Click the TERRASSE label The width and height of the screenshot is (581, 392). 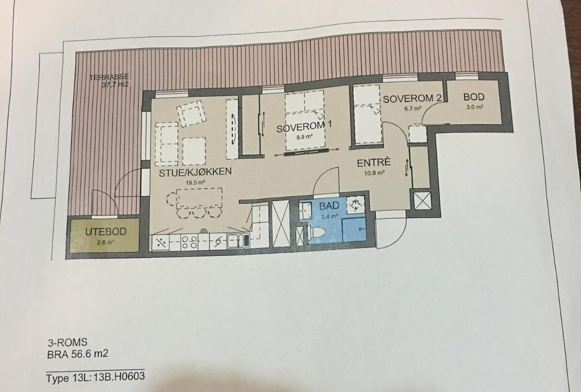point(109,77)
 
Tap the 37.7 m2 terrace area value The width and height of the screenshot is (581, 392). point(115,85)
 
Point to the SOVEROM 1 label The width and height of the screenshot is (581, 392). point(304,127)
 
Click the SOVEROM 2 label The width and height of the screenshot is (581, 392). point(412,99)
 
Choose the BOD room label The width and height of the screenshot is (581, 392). point(473,97)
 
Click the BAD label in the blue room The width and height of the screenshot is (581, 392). point(329,206)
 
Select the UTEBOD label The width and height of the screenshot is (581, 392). point(106,232)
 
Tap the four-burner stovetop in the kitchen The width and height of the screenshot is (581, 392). point(189,242)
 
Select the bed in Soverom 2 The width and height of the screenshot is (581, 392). point(366,115)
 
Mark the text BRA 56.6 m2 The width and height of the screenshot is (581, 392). point(78,354)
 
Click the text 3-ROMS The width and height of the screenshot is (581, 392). point(67,342)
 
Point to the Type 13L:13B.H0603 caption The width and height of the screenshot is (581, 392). point(95,377)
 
